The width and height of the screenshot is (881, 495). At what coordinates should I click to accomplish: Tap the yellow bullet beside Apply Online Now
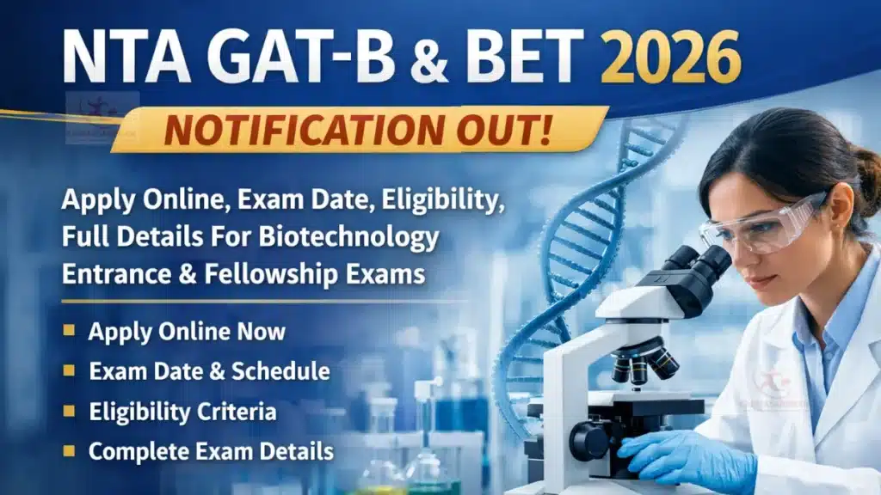[70, 332]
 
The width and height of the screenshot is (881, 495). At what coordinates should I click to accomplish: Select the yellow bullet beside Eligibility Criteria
[70, 412]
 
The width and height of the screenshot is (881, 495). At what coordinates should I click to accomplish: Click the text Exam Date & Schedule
[209, 371]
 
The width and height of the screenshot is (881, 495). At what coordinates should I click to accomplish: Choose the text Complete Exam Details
[211, 452]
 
